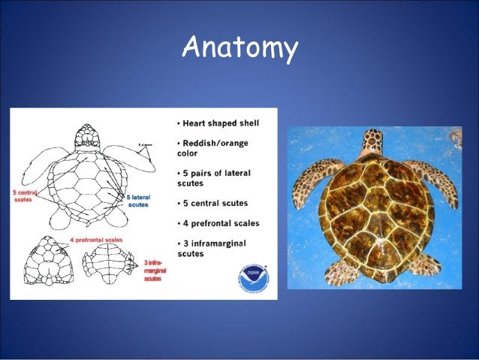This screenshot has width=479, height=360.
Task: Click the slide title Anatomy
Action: pyautogui.click(x=239, y=49)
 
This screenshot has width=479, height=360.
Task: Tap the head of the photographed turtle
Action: pyautogui.click(x=371, y=142)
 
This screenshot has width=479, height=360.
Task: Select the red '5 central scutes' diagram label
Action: pyautogui.click(x=25, y=197)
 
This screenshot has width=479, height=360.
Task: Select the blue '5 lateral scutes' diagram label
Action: pyautogui.click(x=138, y=200)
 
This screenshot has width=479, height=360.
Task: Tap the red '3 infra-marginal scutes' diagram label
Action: pyautogui.click(x=155, y=270)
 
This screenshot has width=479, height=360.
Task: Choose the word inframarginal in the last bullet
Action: pyautogui.click(x=218, y=243)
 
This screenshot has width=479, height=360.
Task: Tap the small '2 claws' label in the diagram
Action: pyautogui.click(x=145, y=144)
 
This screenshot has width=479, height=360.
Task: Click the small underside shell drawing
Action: pyautogui.click(x=111, y=262)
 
